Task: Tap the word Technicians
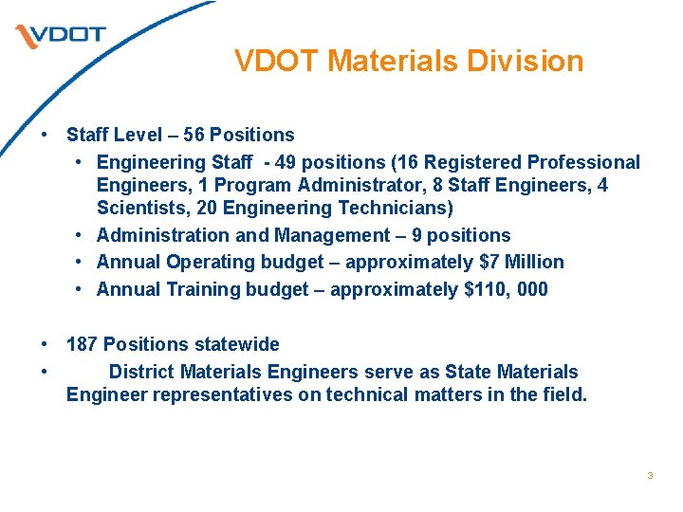coord(393,208)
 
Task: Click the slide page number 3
coord(650,475)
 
